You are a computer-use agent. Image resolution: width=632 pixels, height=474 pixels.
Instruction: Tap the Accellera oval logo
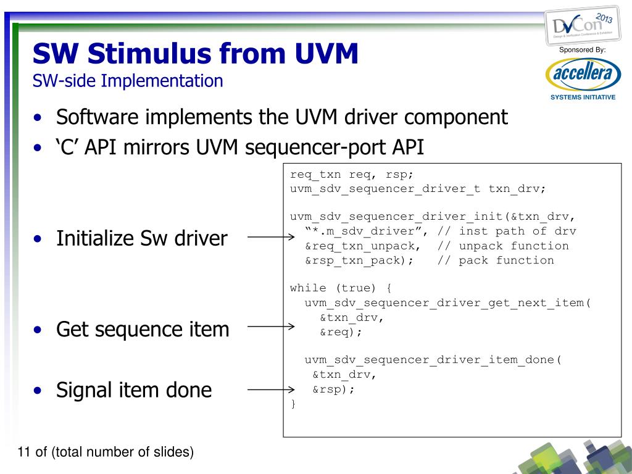pos(582,75)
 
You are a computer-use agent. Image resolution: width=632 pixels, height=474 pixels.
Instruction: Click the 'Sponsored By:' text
pos(582,49)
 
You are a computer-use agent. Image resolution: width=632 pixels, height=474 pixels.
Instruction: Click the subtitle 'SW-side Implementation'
pos(128,81)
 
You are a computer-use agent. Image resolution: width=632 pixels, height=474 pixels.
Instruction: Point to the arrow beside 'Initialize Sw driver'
pos(270,237)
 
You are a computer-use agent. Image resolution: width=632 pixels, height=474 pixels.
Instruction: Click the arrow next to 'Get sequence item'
pos(270,327)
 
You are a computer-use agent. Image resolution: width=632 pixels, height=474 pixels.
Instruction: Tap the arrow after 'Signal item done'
pos(270,389)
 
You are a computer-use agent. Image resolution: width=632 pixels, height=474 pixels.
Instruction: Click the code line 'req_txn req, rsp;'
pos(347,174)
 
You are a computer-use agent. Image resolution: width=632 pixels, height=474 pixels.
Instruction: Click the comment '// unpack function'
pos(503,246)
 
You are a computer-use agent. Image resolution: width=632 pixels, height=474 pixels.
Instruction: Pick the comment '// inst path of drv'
pos(507,231)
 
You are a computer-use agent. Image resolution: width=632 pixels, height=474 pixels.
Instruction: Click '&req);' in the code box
pos(341,332)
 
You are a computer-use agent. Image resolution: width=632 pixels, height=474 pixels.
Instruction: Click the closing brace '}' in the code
pos(293,404)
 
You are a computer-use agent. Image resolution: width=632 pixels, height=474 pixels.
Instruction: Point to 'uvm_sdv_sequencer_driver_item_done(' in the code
pos(433,360)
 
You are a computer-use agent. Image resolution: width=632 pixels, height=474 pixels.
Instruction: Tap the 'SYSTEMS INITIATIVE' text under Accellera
pos(583,98)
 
